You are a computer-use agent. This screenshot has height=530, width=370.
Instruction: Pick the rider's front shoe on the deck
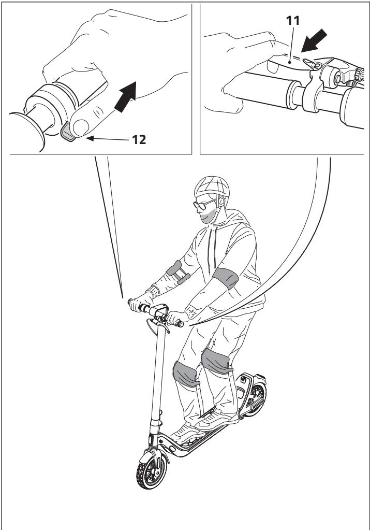(183, 430)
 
